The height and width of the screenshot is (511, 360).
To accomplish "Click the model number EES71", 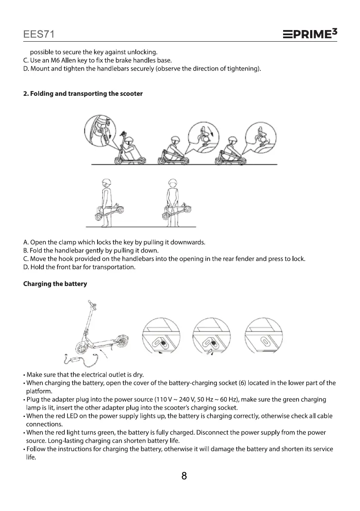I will (38, 33).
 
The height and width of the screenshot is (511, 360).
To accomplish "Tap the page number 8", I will (184, 476).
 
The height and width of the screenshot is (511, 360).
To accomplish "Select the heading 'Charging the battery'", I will (55, 284).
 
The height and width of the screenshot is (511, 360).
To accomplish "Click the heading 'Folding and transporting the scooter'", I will (83, 94).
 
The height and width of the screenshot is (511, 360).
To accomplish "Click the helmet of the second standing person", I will (172, 182).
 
